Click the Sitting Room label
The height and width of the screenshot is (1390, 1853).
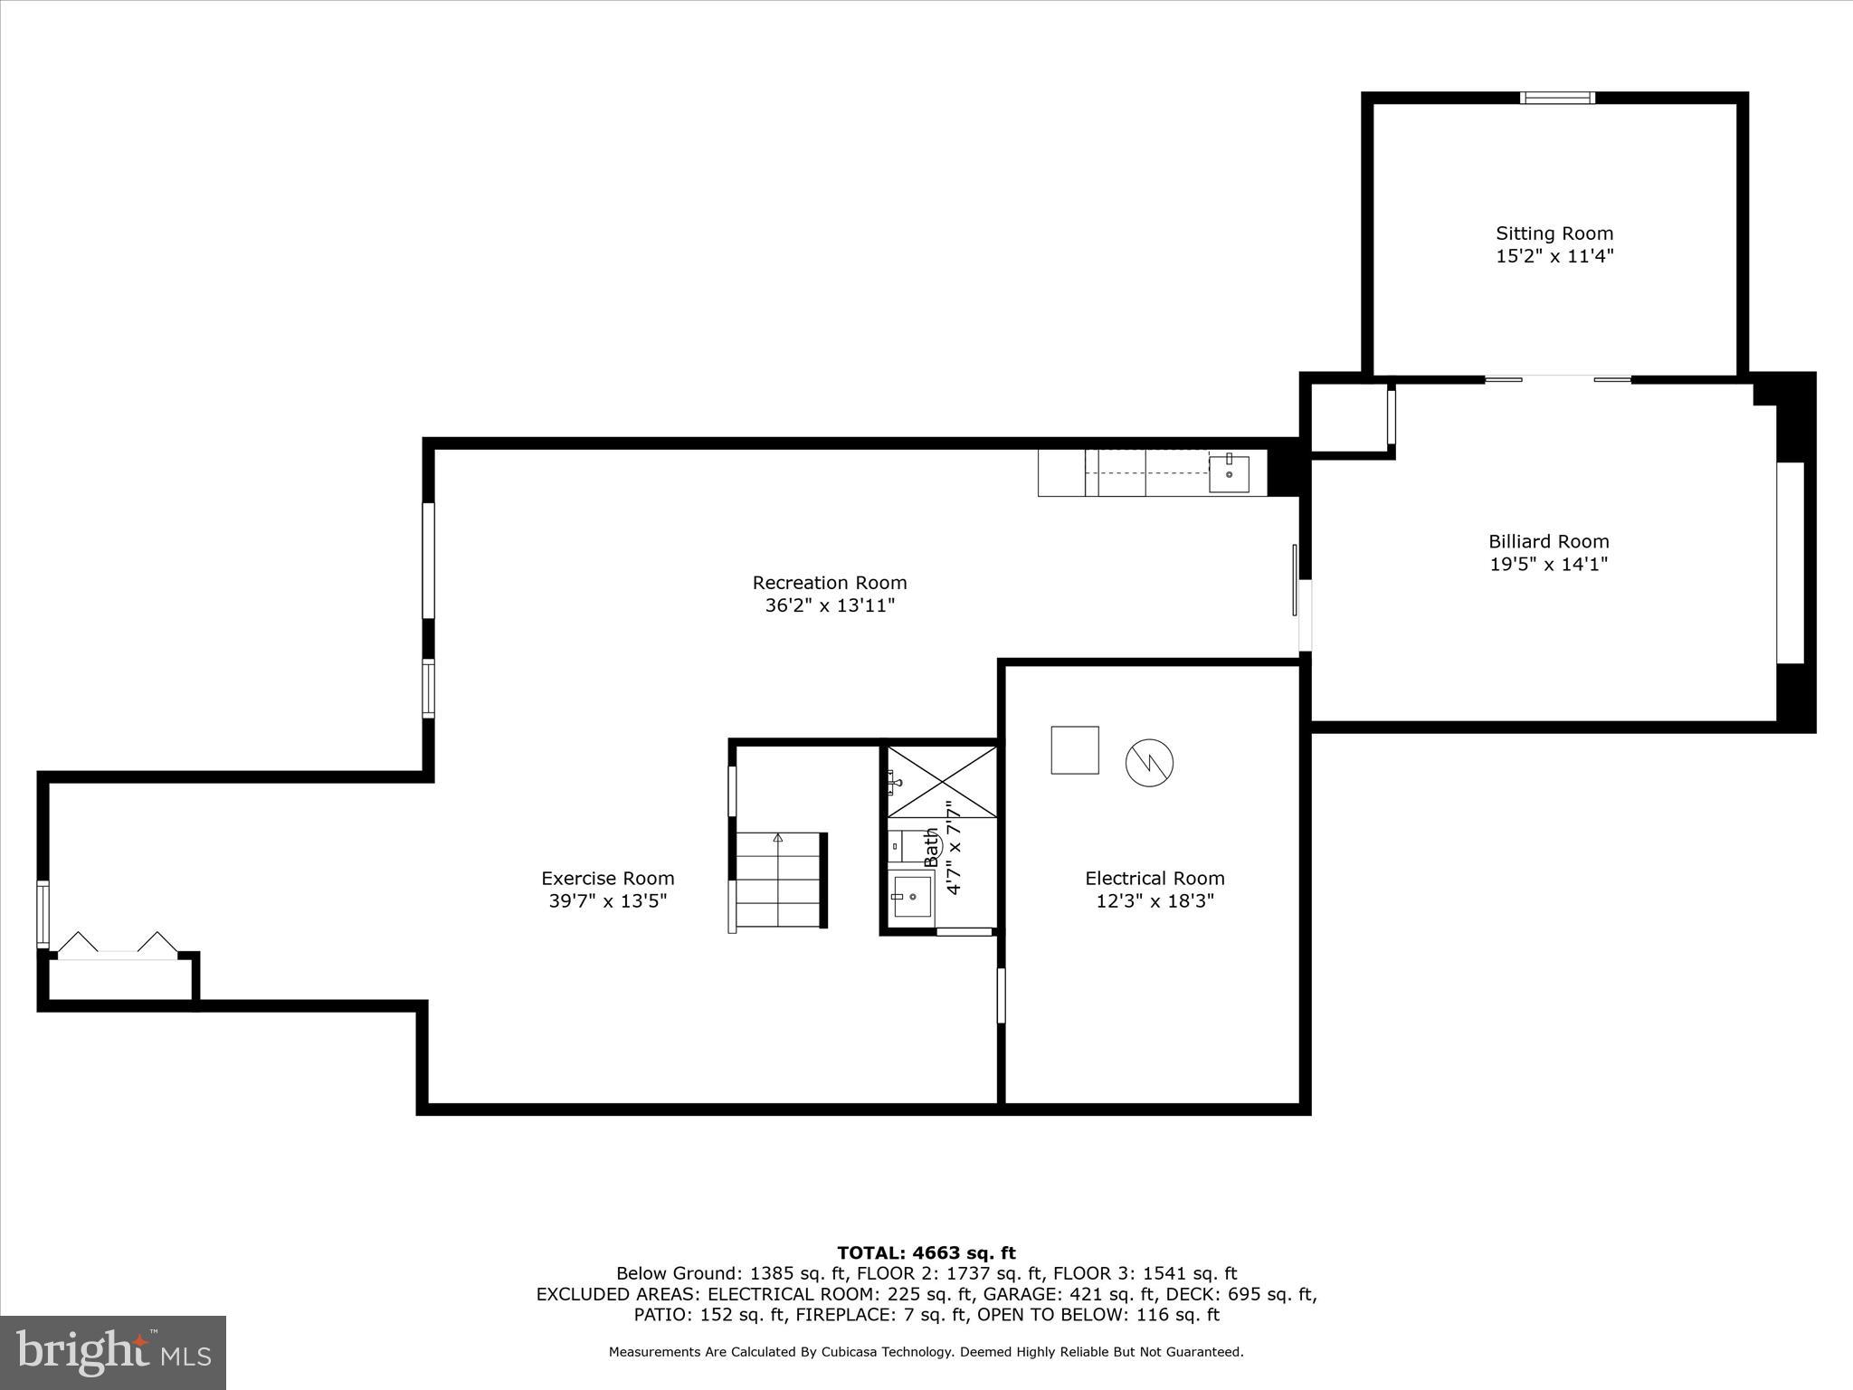[1554, 233]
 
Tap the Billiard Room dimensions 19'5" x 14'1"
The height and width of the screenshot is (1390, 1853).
[1548, 565]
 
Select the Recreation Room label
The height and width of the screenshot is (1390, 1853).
[829, 583]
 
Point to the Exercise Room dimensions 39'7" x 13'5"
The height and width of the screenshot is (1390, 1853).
[607, 901]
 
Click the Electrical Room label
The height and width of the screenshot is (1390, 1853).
[1155, 878]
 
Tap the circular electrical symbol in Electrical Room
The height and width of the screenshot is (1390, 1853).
[1149, 762]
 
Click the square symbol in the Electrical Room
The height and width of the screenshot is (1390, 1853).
[1074, 750]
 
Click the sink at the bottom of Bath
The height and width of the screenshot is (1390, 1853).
[912, 896]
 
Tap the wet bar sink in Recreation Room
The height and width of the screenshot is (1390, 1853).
[1229, 474]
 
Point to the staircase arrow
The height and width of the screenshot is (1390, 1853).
[777, 839]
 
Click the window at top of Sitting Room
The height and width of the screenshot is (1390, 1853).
[1556, 99]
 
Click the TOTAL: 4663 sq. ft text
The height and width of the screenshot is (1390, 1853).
[926, 1253]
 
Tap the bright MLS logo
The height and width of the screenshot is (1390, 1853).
[113, 1352]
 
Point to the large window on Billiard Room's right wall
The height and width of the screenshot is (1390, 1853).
[1790, 563]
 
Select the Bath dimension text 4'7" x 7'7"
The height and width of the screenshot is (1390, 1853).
[953, 848]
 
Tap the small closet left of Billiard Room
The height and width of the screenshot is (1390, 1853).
[1347, 418]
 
